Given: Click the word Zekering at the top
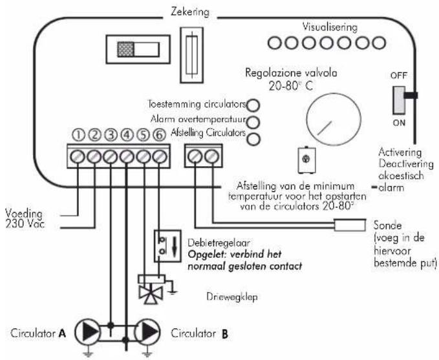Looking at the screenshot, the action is pos(190,12).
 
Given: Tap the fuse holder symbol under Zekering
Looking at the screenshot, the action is pos(192,55).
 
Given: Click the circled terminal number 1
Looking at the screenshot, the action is pos(78,135).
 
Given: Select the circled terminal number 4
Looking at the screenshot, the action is pos(127,135).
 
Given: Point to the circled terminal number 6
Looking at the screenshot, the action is pos(159,135).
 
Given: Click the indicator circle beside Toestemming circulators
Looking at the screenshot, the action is pos(253,105).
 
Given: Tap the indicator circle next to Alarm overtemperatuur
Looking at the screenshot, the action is pos(253,122).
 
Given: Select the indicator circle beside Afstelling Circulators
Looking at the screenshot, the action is pos(253,139).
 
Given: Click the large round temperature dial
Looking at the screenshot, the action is pos(334,120).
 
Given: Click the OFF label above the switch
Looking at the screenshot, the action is pos(399,76).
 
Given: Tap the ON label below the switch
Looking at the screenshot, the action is pos(399,123).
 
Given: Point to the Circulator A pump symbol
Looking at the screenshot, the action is pos(87,332).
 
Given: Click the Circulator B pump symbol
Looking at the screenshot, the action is pos(147,332).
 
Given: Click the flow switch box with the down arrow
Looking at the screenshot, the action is pos(167,246).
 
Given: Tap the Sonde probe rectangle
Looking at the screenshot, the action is pos(350,225).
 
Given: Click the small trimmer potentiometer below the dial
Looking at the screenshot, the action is pos(307,160).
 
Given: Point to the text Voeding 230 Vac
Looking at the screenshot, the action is pos(25,219).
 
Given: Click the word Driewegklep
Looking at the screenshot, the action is pos(232,297).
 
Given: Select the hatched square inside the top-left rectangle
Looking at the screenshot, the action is pos(125,50).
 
